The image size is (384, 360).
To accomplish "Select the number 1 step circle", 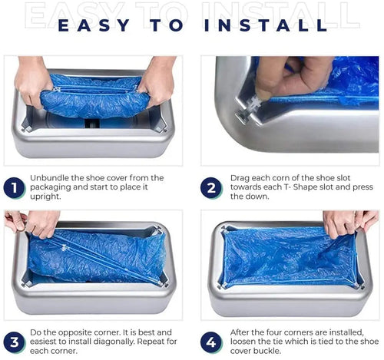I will coord(14,188).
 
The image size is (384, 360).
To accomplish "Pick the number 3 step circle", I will coord(14,339).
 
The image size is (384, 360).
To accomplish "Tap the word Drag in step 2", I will coord(241,178).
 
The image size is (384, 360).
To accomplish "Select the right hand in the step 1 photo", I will coord(157,81).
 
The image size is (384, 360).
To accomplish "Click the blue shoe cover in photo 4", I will coord(284,257).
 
